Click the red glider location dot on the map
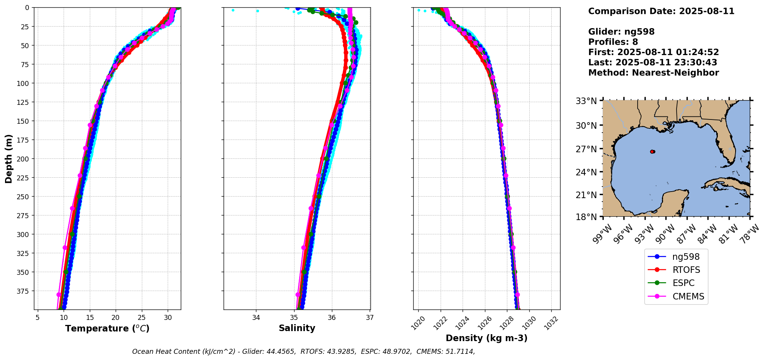coord(652,151)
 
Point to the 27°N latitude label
coord(586,149)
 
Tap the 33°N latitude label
coord(586,101)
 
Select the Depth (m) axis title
coord(9,158)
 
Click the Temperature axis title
coord(107,328)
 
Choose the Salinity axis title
coord(297,328)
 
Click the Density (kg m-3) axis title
coord(487,338)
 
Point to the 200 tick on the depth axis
coord(24,159)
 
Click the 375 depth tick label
coord(24,291)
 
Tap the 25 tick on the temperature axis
coord(141,318)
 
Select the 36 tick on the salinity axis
coord(332,318)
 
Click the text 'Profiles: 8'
coord(613,42)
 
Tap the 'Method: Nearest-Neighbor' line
coord(653,73)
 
